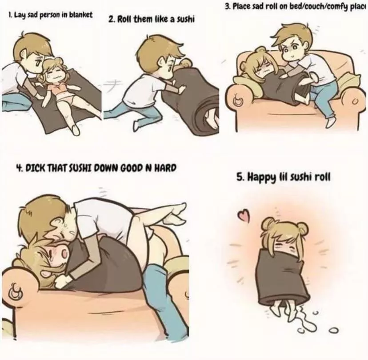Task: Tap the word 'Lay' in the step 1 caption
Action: click(x=19, y=15)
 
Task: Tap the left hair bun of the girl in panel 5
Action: click(x=268, y=222)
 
